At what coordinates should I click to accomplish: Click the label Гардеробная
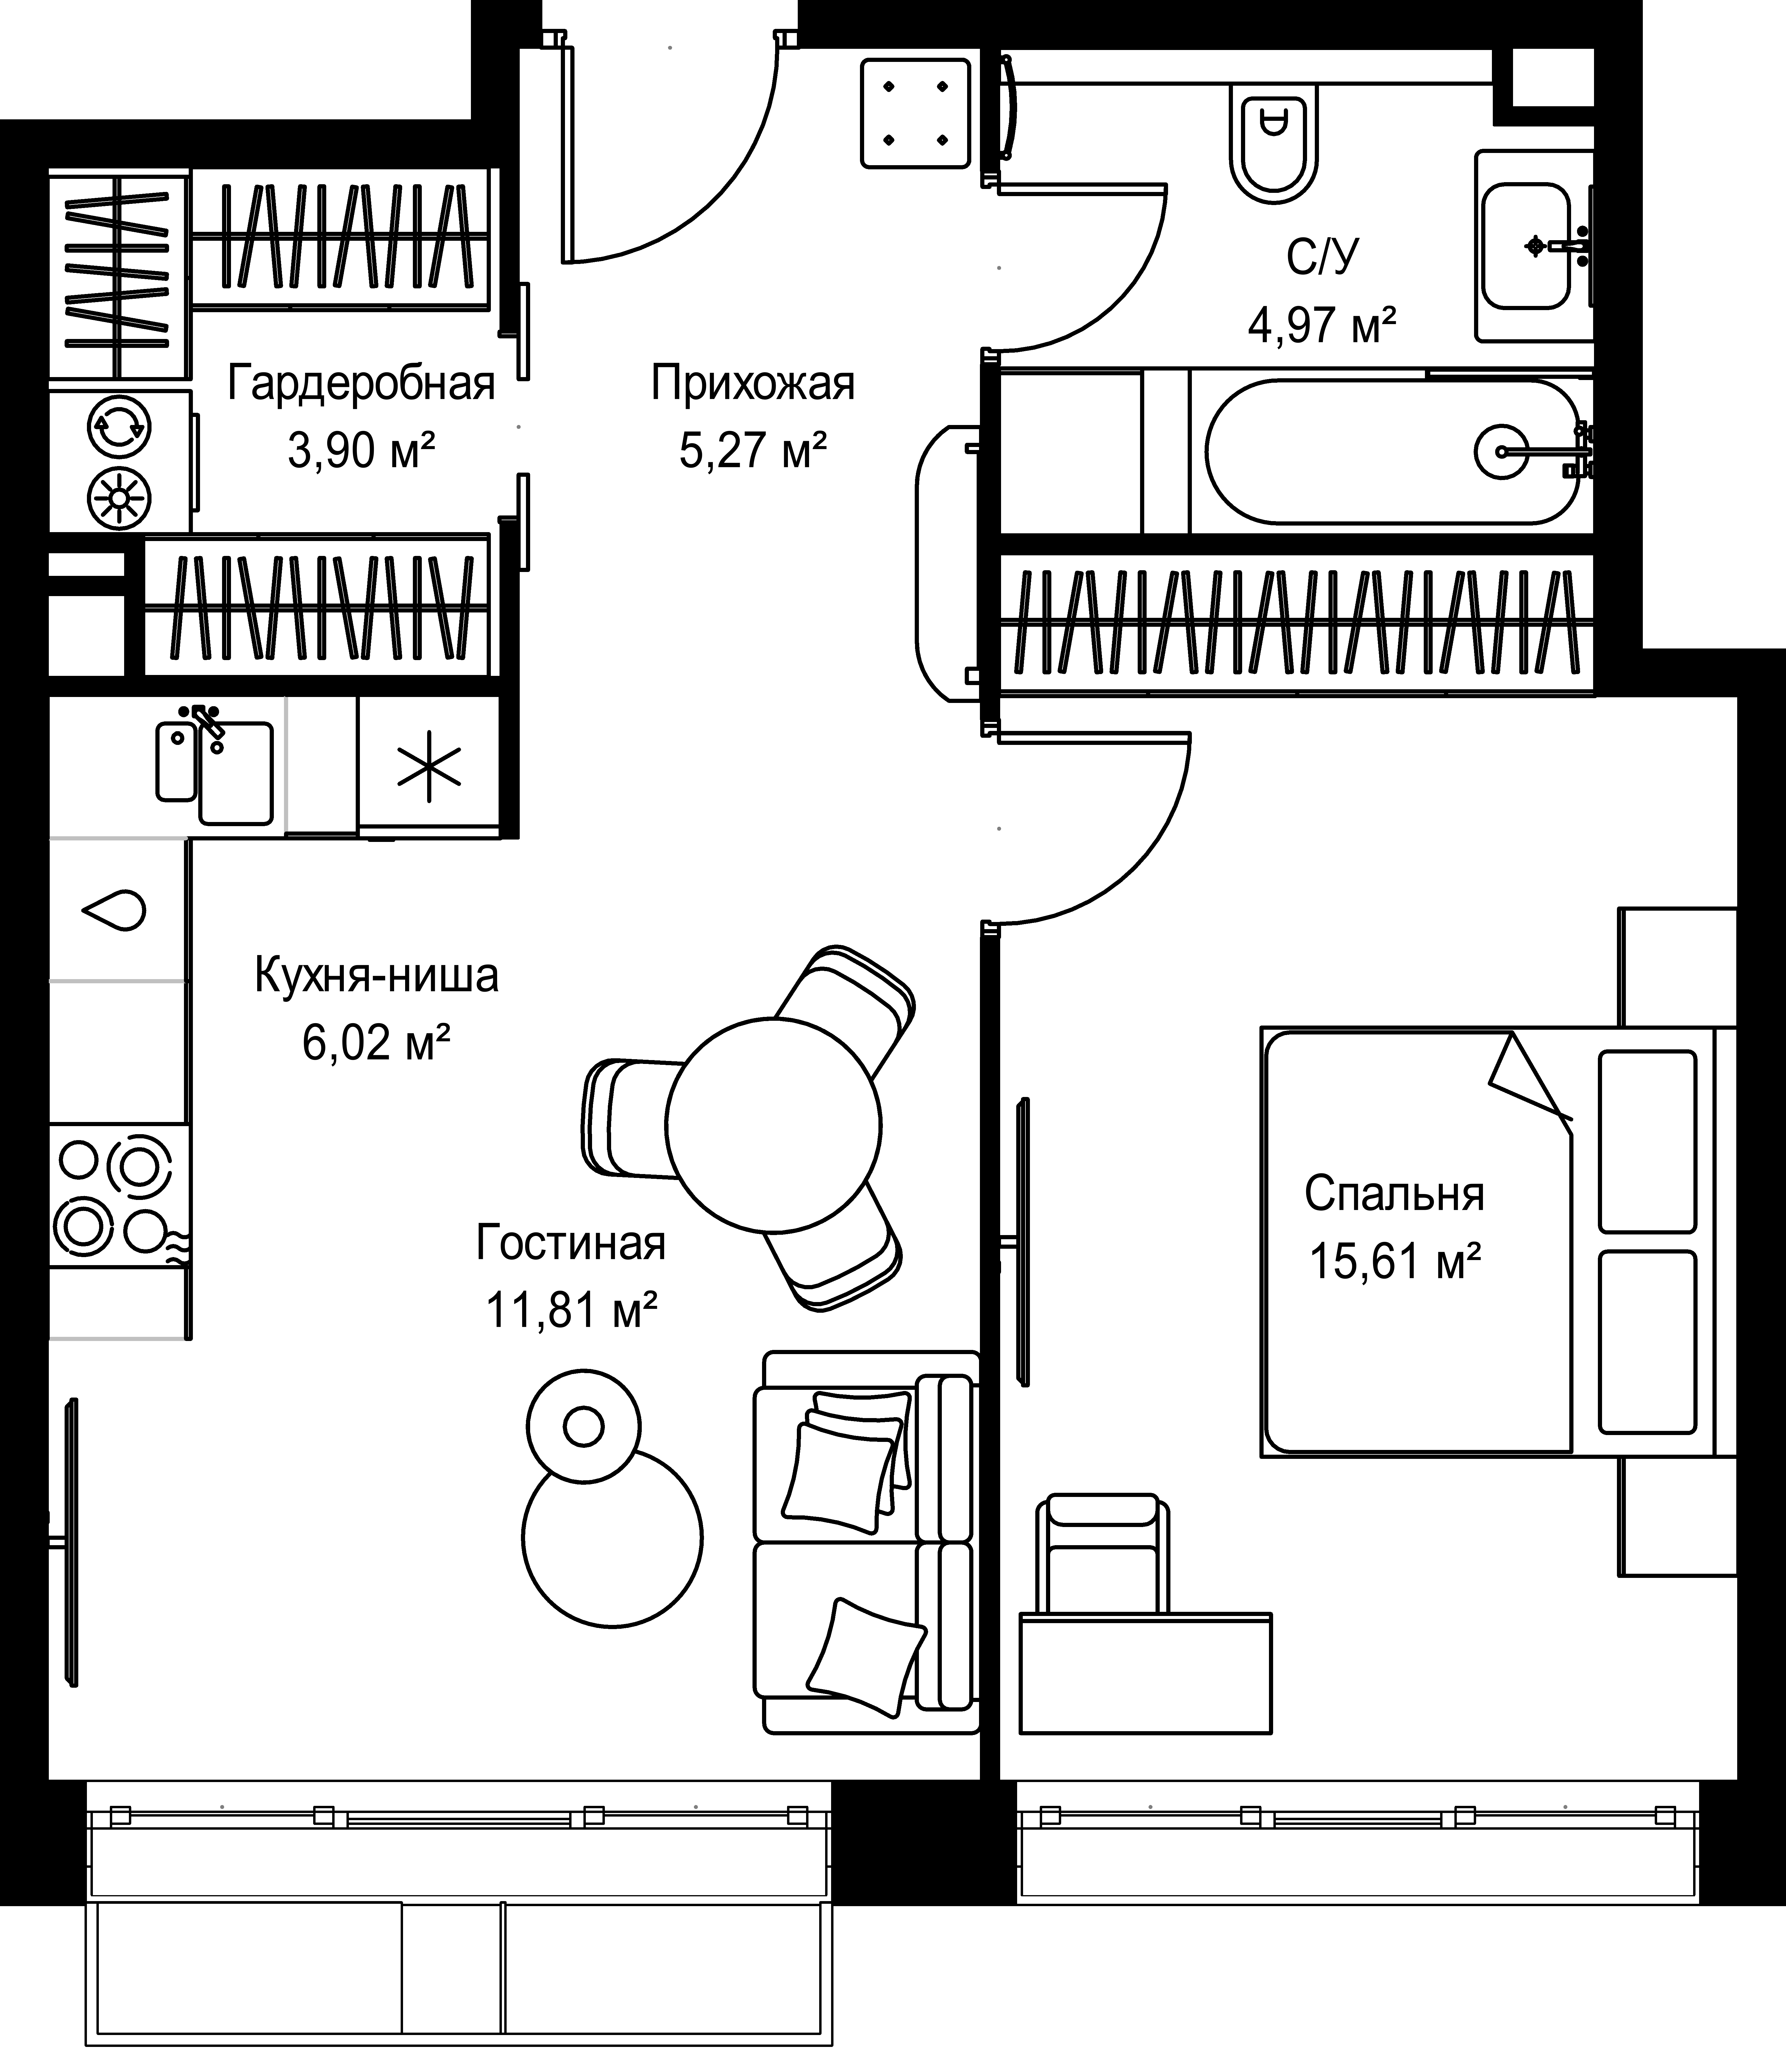tap(361, 384)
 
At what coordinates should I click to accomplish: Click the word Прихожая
tap(753, 384)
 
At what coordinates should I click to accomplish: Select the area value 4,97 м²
tap(1322, 326)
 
